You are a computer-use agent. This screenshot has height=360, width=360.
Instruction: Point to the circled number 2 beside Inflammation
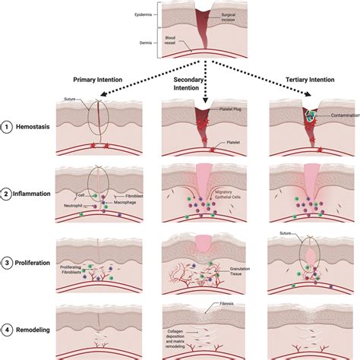[8, 194]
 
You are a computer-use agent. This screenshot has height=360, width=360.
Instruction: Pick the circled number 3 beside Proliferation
[8, 265]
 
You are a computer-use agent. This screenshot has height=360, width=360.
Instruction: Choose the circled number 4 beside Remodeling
[8, 330]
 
